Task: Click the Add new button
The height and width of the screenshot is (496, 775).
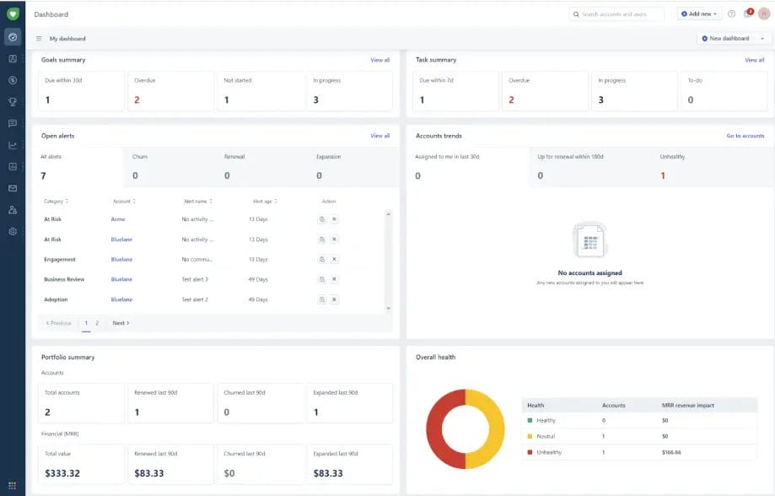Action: tap(699, 13)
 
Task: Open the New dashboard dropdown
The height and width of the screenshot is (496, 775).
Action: tap(734, 38)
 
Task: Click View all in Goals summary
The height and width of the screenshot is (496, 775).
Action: tap(379, 60)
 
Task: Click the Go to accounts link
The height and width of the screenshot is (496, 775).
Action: tap(745, 136)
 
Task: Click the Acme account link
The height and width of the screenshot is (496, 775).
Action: tap(117, 218)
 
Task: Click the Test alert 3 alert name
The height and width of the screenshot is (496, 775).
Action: tap(195, 279)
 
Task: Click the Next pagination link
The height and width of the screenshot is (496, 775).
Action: tap(121, 323)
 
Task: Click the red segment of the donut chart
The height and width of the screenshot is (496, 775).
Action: tap(436, 430)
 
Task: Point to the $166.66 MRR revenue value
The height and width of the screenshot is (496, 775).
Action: tap(671, 452)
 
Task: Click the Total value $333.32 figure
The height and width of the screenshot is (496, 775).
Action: tap(62, 472)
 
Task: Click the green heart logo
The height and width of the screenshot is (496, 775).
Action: tap(13, 13)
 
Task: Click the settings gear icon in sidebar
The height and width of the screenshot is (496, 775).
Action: tap(13, 231)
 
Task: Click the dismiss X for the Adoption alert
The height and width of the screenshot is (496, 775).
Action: tap(334, 299)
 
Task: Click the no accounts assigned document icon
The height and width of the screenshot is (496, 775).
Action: tap(589, 241)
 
